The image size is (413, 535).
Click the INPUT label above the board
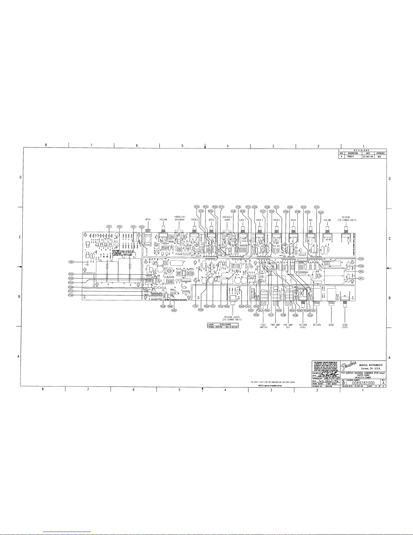pyautogui.click(x=148, y=219)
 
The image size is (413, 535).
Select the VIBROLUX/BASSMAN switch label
pyautogui.click(x=179, y=218)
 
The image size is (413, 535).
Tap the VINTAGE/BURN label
pyautogui.click(x=227, y=218)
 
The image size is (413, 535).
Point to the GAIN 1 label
pyautogui.click(x=243, y=220)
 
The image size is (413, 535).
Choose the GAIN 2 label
pyautogui.click(x=260, y=220)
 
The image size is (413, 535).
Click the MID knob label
pyautogui.click(x=310, y=220)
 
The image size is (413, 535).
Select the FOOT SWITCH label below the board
pyautogui.click(x=263, y=326)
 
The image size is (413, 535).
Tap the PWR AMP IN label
pyautogui.click(x=275, y=326)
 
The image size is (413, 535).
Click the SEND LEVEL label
pyautogui.click(x=345, y=326)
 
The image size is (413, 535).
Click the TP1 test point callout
pyautogui.click(x=109, y=226)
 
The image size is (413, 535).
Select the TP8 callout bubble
pyautogui.click(x=71, y=262)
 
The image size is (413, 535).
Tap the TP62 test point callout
pyautogui.click(x=71, y=274)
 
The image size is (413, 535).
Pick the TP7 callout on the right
pyautogui.click(x=361, y=278)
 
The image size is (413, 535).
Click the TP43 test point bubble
pyautogui.click(x=321, y=212)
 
